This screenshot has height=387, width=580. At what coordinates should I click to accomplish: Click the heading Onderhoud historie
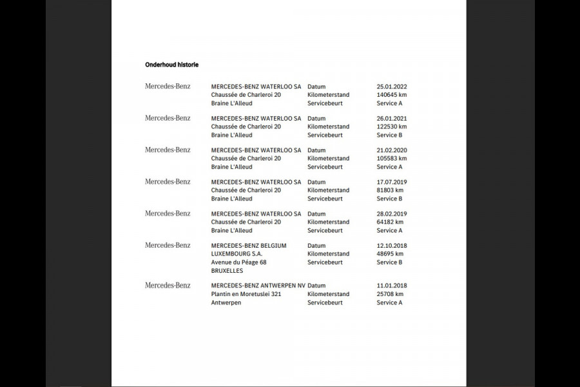[x=171, y=64]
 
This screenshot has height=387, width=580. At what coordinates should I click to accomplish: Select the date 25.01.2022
[x=392, y=86]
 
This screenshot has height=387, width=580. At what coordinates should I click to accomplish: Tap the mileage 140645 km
[x=392, y=95]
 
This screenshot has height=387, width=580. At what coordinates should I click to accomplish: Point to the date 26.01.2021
[x=392, y=119]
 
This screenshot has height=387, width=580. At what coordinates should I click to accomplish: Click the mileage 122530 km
[x=392, y=126]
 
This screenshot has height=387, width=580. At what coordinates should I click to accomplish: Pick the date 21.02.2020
[x=392, y=150]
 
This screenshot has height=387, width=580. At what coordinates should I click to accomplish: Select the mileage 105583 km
[x=392, y=158]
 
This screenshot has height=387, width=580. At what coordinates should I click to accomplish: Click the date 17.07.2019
[x=392, y=182]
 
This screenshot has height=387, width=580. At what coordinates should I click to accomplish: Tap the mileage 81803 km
[x=390, y=190]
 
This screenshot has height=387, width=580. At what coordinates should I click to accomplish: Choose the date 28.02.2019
[x=392, y=213]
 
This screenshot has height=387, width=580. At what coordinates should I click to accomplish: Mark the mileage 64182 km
[x=390, y=222]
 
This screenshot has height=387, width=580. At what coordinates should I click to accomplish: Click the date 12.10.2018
[x=392, y=246]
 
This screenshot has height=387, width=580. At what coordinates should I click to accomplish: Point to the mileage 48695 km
[x=390, y=253]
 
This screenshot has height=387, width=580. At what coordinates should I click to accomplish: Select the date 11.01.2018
[x=392, y=286]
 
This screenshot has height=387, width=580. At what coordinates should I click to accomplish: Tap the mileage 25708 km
[x=390, y=294]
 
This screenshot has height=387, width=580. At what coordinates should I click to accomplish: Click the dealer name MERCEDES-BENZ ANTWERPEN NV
[x=258, y=286]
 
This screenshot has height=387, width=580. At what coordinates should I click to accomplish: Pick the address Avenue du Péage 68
[x=238, y=263]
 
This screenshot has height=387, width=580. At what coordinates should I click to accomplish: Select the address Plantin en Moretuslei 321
[x=246, y=294]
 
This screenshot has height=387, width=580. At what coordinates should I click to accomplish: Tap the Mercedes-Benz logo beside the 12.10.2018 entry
[x=168, y=245]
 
